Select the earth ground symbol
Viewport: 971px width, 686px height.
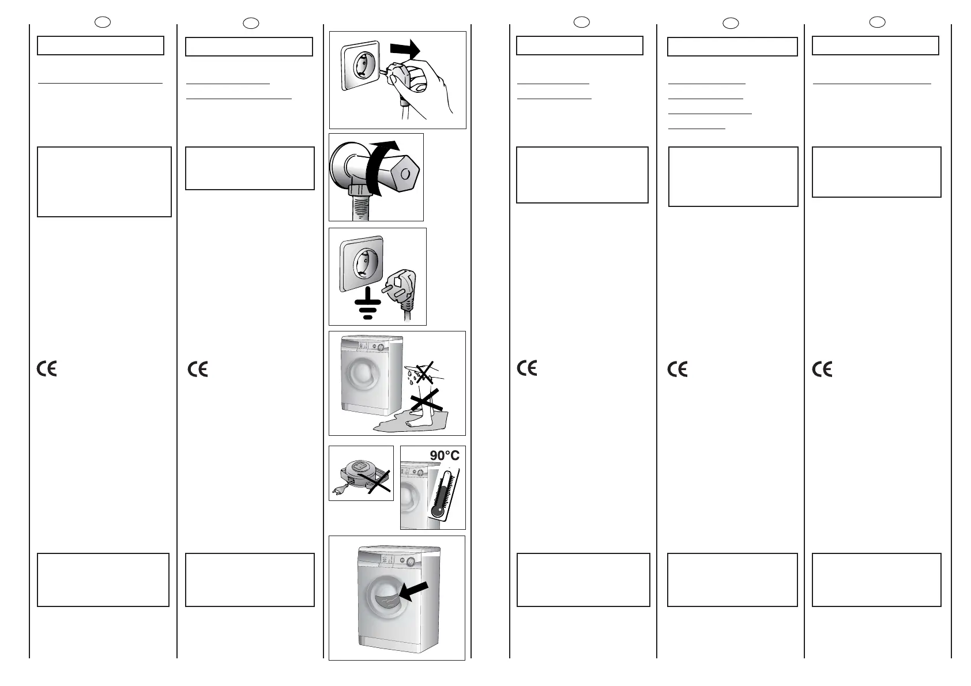pyautogui.click(x=364, y=305)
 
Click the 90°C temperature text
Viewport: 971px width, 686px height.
pyautogui.click(x=445, y=455)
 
